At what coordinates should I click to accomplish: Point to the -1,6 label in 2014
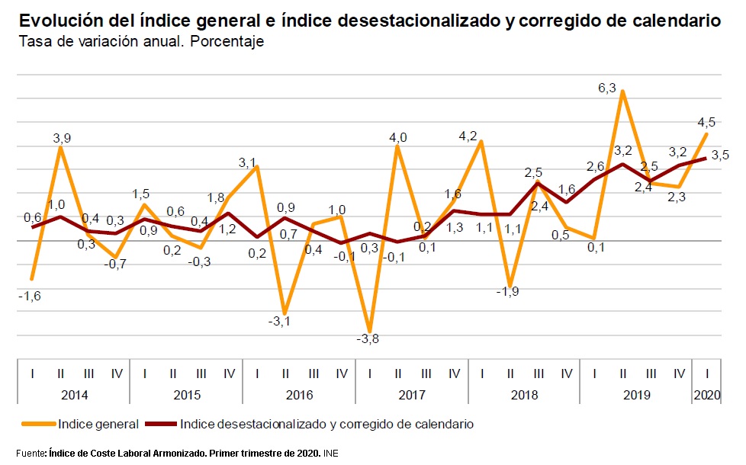(x=30, y=296)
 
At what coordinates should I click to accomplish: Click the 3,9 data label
(x=63, y=137)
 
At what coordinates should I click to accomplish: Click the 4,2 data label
(x=468, y=136)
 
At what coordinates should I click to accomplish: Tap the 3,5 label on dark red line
(x=720, y=155)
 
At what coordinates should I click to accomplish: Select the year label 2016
(x=299, y=395)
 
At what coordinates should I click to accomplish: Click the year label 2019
(x=636, y=395)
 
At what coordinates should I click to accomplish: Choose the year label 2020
(x=707, y=395)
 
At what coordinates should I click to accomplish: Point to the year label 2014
(x=73, y=395)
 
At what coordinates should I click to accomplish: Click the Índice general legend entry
(x=98, y=424)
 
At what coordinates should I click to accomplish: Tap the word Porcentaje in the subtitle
(x=227, y=41)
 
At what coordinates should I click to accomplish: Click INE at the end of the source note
(x=330, y=454)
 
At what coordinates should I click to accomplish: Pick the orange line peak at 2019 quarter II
(x=623, y=91)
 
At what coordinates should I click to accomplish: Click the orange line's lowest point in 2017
(x=370, y=330)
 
